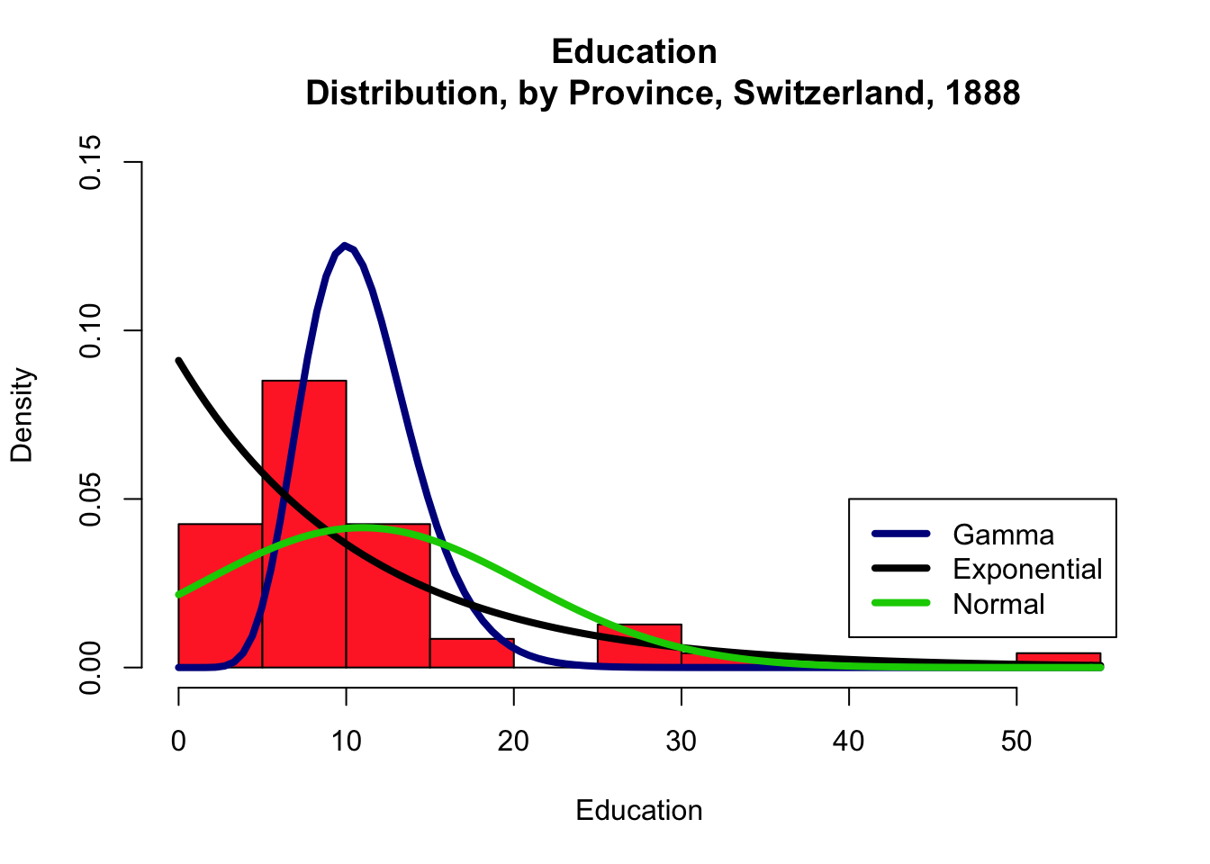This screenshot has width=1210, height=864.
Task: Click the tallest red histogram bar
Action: pyautogui.click(x=304, y=540)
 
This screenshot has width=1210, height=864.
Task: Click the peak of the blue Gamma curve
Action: pyautogui.click(x=345, y=246)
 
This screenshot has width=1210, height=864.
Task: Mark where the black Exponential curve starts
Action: pyautogui.click(x=179, y=361)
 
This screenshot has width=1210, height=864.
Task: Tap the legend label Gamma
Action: pyautogui.click(x=1003, y=535)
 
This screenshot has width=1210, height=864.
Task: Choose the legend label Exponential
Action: pyautogui.click(x=1027, y=569)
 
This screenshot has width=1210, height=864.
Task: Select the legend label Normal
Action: pyautogui.click(x=998, y=604)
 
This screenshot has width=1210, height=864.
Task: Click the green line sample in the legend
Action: pyautogui.click(x=900, y=604)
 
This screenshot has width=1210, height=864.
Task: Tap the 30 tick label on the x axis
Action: pyautogui.click(x=682, y=741)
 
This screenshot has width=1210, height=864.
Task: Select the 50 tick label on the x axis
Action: pyautogui.click(x=1016, y=741)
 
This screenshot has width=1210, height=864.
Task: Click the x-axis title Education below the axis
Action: pyautogui.click(x=639, y=810)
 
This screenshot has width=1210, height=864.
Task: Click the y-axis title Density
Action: pyautogui.click(x=22, y=415)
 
